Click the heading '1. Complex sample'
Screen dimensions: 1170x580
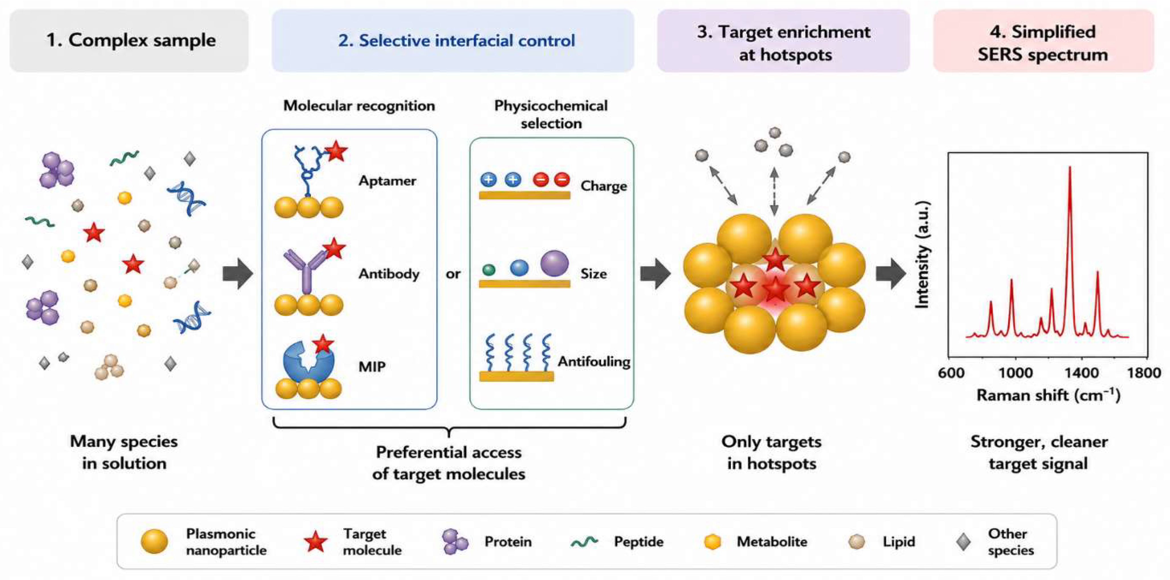pos(131,40)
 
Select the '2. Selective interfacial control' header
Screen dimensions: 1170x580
pos(457,40)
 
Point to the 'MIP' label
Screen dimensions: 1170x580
pos(372,366)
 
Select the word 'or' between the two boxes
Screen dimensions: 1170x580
pos(453,274)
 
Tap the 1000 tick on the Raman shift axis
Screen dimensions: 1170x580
pos(1016,373)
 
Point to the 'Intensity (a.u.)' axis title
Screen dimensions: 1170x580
pos(922,255)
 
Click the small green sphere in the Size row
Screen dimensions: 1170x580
pos(488,270)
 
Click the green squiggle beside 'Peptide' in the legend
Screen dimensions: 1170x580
pos(584,541)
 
